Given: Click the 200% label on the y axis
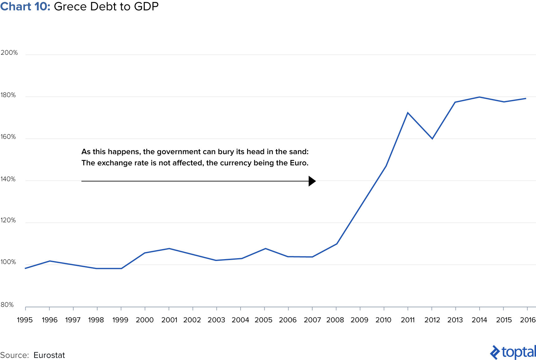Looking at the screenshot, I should (x=9, y=53).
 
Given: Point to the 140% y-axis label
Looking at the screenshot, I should (x=8, y=179).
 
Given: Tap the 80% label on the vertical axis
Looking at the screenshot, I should (x=7, y=305).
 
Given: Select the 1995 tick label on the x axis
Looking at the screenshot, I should (x=25, y=320).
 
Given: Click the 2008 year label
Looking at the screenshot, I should (x=335, y=320).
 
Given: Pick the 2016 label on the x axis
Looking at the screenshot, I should (x=528, y=320).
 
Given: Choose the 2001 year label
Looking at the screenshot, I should (x=169, y=320).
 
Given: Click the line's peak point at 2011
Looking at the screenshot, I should (x=408, y=113).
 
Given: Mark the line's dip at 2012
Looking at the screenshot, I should (x=432, y=139).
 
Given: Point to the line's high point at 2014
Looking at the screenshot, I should (x=479, y=97).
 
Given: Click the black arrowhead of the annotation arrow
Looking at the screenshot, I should (x=312, y=181).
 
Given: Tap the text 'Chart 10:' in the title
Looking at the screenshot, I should (x=25, y=6).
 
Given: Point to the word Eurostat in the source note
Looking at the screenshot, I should (x=49, y=355).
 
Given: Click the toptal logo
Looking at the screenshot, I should (x=513, y=352).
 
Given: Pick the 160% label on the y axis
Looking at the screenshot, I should (x=8, y=137).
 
